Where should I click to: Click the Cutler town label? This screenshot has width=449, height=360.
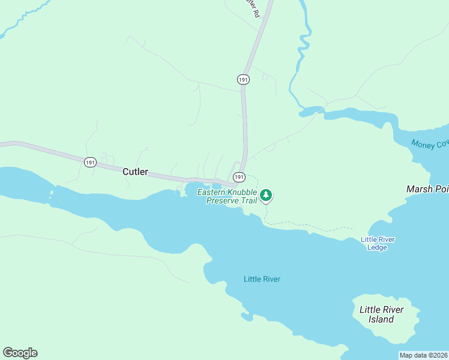pyautogui.click(x=135, y=172)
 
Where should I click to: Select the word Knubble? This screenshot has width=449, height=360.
pyautogui.click(x=241, y=193)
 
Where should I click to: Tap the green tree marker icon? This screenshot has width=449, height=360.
pyautogui.click(x=267, y=195)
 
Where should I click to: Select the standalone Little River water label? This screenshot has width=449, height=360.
pyautogui.click(x=262, y=279)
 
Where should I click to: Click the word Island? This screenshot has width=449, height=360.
pyautogui.click(x=381, y=319)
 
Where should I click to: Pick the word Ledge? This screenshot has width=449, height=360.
pyautogui.click(x=377, y=247)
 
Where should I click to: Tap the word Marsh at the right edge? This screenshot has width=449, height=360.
pyautogui.click(x=419, y=189)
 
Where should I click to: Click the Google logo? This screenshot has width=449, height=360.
pyautogui.click(x=20, y=353)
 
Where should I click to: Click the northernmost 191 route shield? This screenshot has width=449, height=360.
pyautogui.click(x=243, y=79)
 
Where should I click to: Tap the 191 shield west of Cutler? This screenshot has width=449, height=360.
pyautogui.click(x=90, y=162)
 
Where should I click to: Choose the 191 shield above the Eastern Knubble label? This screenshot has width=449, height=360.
pyautogui.click(x=239, y=176)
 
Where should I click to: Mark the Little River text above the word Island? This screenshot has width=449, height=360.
pyautogui.click(x=381, y=310)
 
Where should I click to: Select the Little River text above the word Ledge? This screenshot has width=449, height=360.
pyautogui.click(x=378, y=239)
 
